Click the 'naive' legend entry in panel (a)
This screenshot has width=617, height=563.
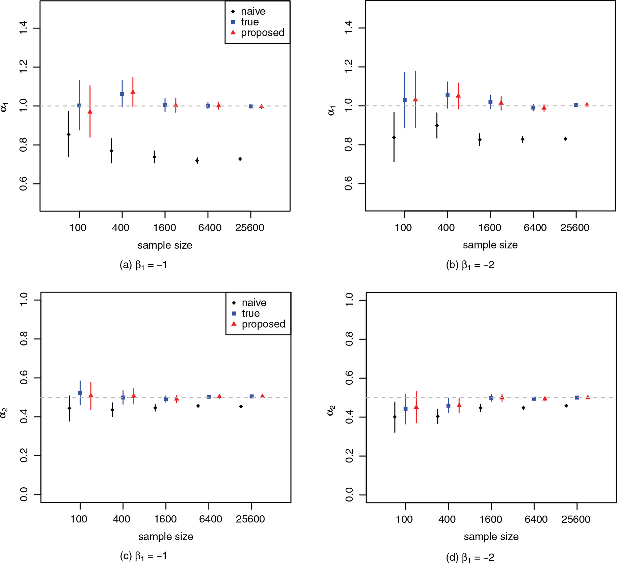pyautogui.click(x=253, y=11)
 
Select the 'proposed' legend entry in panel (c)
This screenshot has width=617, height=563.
pyautogui.click(x=263, y=324)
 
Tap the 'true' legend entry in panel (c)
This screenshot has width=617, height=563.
pyautogui.click(x=250, y=313)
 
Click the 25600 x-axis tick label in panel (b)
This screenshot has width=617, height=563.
pyautogui.click(x=574, y=228)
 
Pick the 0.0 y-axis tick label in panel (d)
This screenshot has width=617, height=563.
pyautogui.click(x=349, y=495)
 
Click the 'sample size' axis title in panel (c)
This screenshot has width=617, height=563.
pyautogui.click(x=166, y=536)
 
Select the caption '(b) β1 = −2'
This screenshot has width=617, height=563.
pyautogui.click(x=470, y=265)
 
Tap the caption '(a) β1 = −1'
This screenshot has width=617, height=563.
pyautogui.click(x=143, y=265)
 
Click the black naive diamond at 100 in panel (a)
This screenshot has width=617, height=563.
pyautogui.click(x=69, y=135)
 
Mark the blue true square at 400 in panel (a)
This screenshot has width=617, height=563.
pyautogui.click(x=122, y=94)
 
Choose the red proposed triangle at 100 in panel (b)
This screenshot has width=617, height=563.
pyautogui.click(x=415, y=100)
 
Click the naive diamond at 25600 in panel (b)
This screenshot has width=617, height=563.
pyautogui.click(x=565, y=139)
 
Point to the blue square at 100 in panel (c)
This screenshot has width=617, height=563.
pyautogui.click(x=80, y=393)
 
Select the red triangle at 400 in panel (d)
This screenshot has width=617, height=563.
pyautogui.click(x=459, y=405)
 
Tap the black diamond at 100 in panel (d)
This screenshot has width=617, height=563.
pyautogui.click(x=395, y=417)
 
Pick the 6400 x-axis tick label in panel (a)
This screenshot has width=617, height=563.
pyautogui.click(x=210, y=228)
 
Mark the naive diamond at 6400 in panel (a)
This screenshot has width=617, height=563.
pyautogui.click(x=197, y=160)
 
